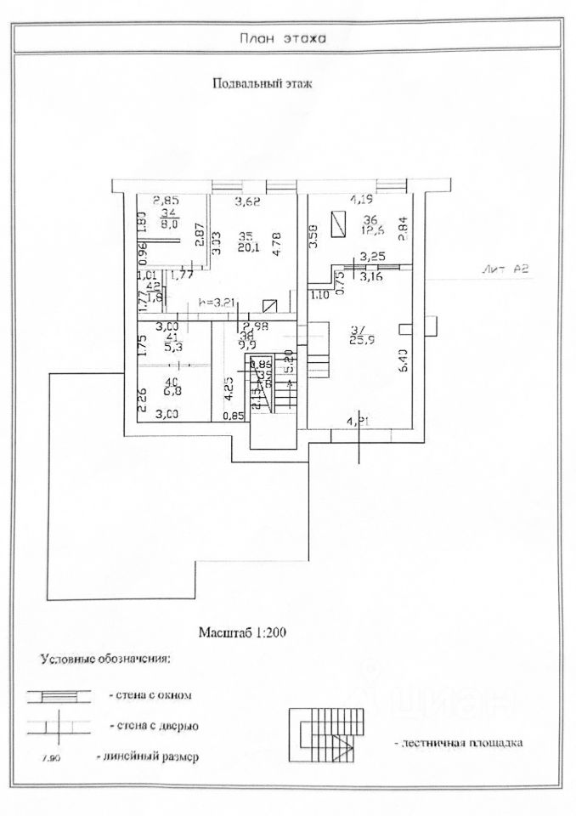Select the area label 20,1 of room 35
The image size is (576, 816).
click(x=246, y=248)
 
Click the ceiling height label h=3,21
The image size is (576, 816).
click(x=215, y=302)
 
